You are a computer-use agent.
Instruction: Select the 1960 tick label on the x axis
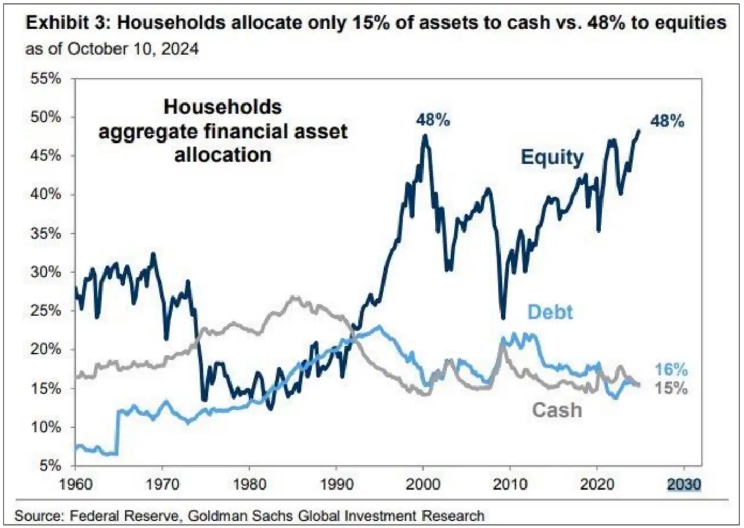click(x=76, y=484)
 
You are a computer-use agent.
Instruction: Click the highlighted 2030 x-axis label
click(x=684, y=484)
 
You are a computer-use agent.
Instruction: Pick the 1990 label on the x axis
click(x=337, y=484)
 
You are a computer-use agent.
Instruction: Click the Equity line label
click(x=552, y=157)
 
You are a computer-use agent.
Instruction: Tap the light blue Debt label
click(x=550, y=312)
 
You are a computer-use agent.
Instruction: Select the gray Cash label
click(x=556, y=410)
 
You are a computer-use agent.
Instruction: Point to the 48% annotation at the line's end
click(x=667, y=121)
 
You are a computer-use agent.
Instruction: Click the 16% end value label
click(x=670, y=369)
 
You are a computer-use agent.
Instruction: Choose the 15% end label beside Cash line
click(x=670, y=388)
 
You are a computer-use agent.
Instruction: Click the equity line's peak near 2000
click(x=425, y=136)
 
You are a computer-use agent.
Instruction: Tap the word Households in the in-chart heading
click(x=223, y=107)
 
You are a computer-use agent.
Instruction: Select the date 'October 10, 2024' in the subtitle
click(x=133, y=48)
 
